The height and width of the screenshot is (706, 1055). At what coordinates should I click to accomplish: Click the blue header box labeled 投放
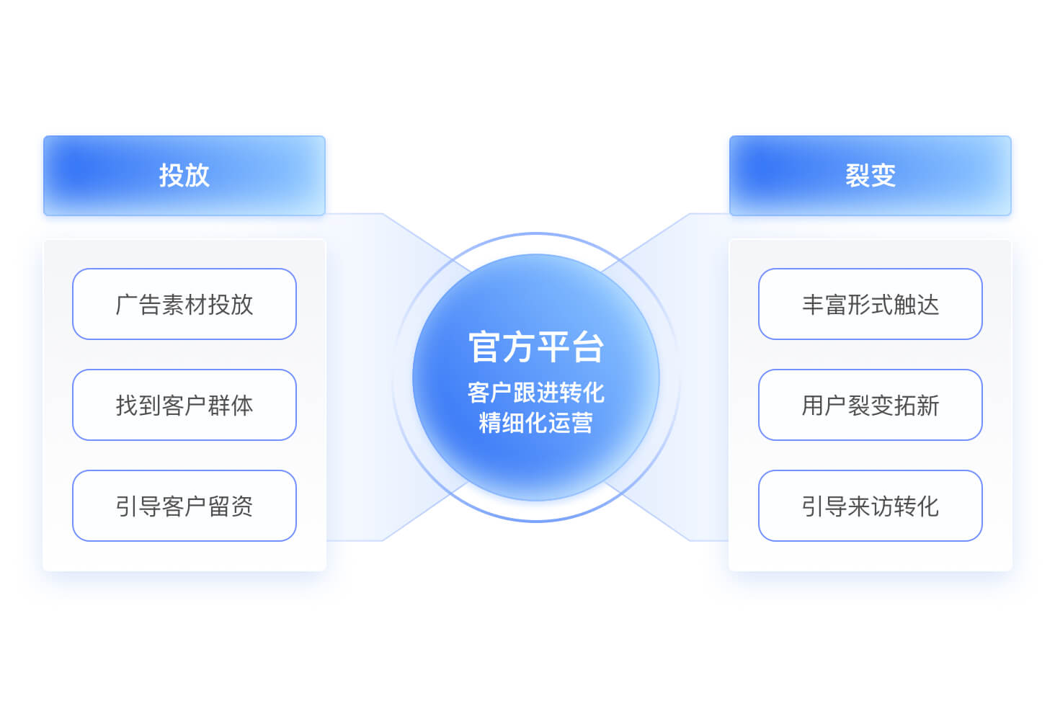pyautogui.click(x=184, y=176)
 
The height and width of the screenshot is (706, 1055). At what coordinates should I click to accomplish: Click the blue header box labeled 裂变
pyautogui.click(x=871, y=176)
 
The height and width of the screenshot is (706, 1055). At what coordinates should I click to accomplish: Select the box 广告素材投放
pyautogui.click(x=184, y=304)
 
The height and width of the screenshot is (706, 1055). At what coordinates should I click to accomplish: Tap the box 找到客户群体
pyautogui.click(x=184, y=405)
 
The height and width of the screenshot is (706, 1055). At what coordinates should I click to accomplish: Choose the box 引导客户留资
pyautogui.click(x=184, y=506)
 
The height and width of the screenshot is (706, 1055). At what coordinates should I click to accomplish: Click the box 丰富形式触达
pyautogui.click(x=871, y=304)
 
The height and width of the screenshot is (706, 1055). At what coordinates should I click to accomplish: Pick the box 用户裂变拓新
pyautogui.click(x=871, y=405)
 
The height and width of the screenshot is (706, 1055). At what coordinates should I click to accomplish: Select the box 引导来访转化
pyautogui.click(x=871, y=506)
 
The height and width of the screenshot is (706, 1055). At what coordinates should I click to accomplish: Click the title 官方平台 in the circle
pyautogui.click(x=536, y=347)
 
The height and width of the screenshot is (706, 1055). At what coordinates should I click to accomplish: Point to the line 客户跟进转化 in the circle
pyautogui.click(x=536, y=393)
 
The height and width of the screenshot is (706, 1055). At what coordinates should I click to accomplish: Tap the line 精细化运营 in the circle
pyautogui.click(x=536, y=422)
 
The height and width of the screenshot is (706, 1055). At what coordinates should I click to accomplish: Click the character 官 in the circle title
pyautogui.click(x=485, y=347)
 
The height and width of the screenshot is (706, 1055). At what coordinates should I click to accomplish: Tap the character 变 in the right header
pyautogui.click(x=883, y=176)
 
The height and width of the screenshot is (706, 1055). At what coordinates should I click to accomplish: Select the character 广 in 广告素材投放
pyautogui.click(x=126, y=305)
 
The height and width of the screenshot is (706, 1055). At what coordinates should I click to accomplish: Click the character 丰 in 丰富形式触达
pyautogui.click(x=812, y=305)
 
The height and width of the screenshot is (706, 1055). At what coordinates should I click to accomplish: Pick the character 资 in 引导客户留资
pyautogui.click(x=242, y=506)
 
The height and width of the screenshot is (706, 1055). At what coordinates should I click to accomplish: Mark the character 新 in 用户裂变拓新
pyautogui.click(x=928, y=406)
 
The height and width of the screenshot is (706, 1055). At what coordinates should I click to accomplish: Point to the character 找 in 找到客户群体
pyautogui.click(x=126, y=406)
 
